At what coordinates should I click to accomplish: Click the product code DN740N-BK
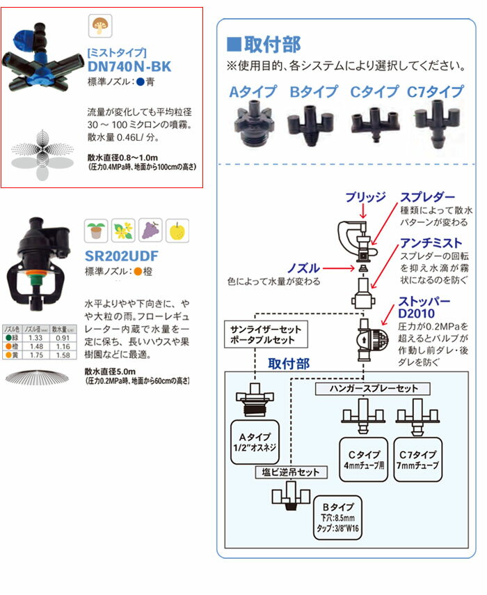pos(129,67)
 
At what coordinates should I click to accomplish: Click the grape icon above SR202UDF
pos(150,230)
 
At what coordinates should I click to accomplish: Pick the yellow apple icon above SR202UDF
pos(177,230)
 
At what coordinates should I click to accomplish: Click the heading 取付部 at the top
pos(264,45)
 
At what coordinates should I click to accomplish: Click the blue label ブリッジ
pos(366,197)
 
